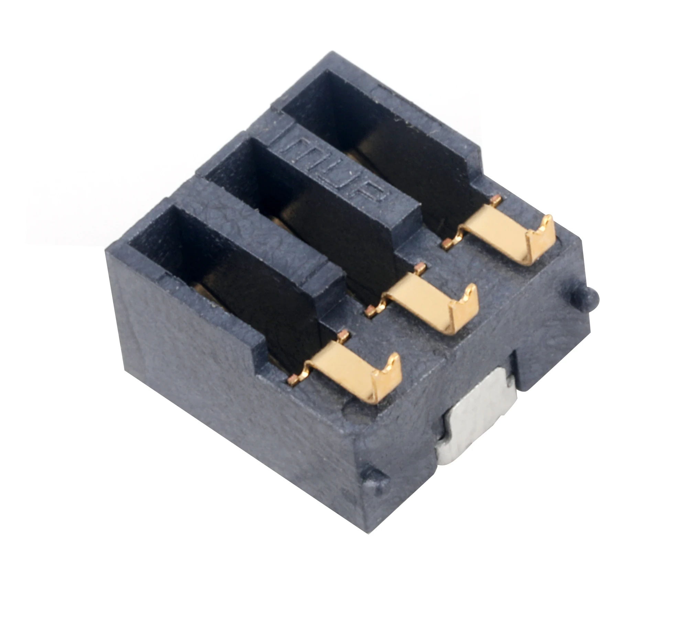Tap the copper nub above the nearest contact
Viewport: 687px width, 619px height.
point(342,334)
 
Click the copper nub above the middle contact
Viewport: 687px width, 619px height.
point(419,267)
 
